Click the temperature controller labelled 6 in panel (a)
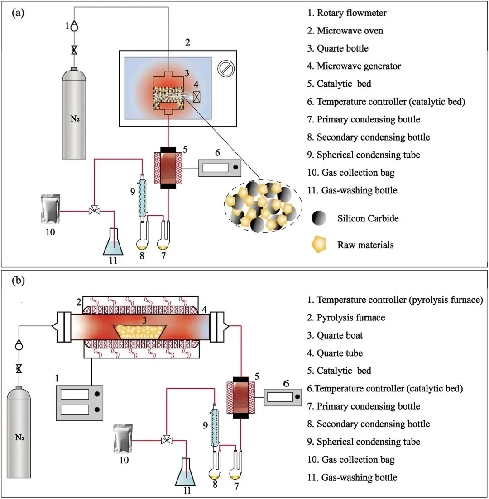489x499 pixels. pos(220,168)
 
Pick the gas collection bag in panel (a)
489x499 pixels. pos(49,208)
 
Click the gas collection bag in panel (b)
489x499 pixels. pos(123,438)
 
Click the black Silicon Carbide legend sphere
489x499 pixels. pos(320,218)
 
